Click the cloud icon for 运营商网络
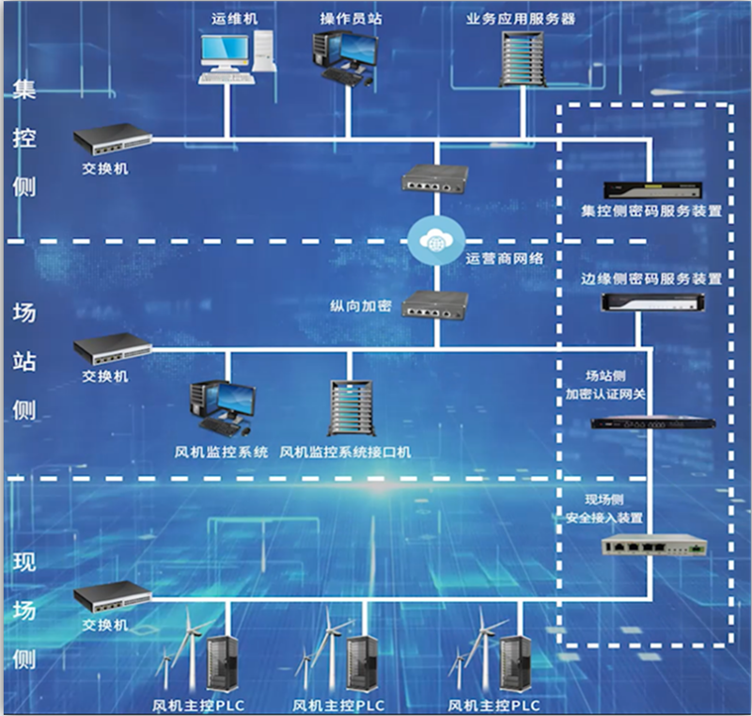pyautogui.click(x=434, y=240)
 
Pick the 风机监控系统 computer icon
pyautogui.click(x=223, y=406)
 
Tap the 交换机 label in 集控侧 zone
pyautogui.click(x=104, y=168)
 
